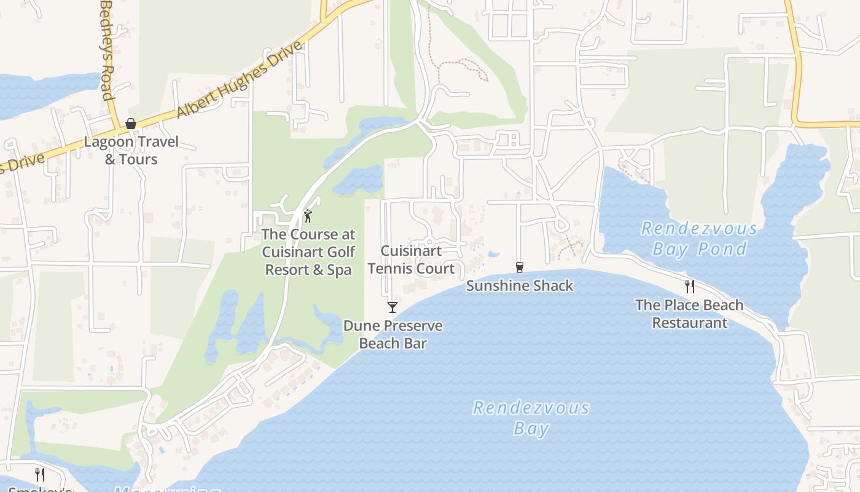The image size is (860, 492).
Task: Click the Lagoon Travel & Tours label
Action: [x=131, y=151]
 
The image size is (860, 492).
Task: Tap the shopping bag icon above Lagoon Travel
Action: [x=131, y=124]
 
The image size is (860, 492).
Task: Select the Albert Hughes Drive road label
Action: [x=240, y=80]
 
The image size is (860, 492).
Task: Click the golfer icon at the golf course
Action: [x=308, y=216]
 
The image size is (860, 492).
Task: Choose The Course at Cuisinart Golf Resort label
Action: [x=308, y=252]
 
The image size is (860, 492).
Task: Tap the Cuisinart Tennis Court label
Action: [x=411, y=260]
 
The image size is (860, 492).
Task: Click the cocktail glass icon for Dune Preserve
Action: [x=393, y=307]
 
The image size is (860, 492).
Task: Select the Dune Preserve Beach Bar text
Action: [x=393, y=334]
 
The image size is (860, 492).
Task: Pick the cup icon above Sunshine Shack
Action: [x=520, y=267]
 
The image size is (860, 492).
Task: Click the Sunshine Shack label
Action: [x=520, y=285]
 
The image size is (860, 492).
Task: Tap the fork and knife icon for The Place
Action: [x=690, y=286]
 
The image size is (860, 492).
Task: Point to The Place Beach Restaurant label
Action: [x=689, y=314]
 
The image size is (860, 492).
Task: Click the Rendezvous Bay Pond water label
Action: [x=699, y=239]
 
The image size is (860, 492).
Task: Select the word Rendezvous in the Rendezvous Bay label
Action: [x=531, y=408]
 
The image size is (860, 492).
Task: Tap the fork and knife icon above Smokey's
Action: [x=40, y=474]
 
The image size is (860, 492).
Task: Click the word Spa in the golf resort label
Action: [x=339, y=270]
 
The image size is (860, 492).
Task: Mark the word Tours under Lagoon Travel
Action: [x=139, y=159]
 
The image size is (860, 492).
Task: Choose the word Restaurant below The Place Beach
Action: [x=689, y=323]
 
